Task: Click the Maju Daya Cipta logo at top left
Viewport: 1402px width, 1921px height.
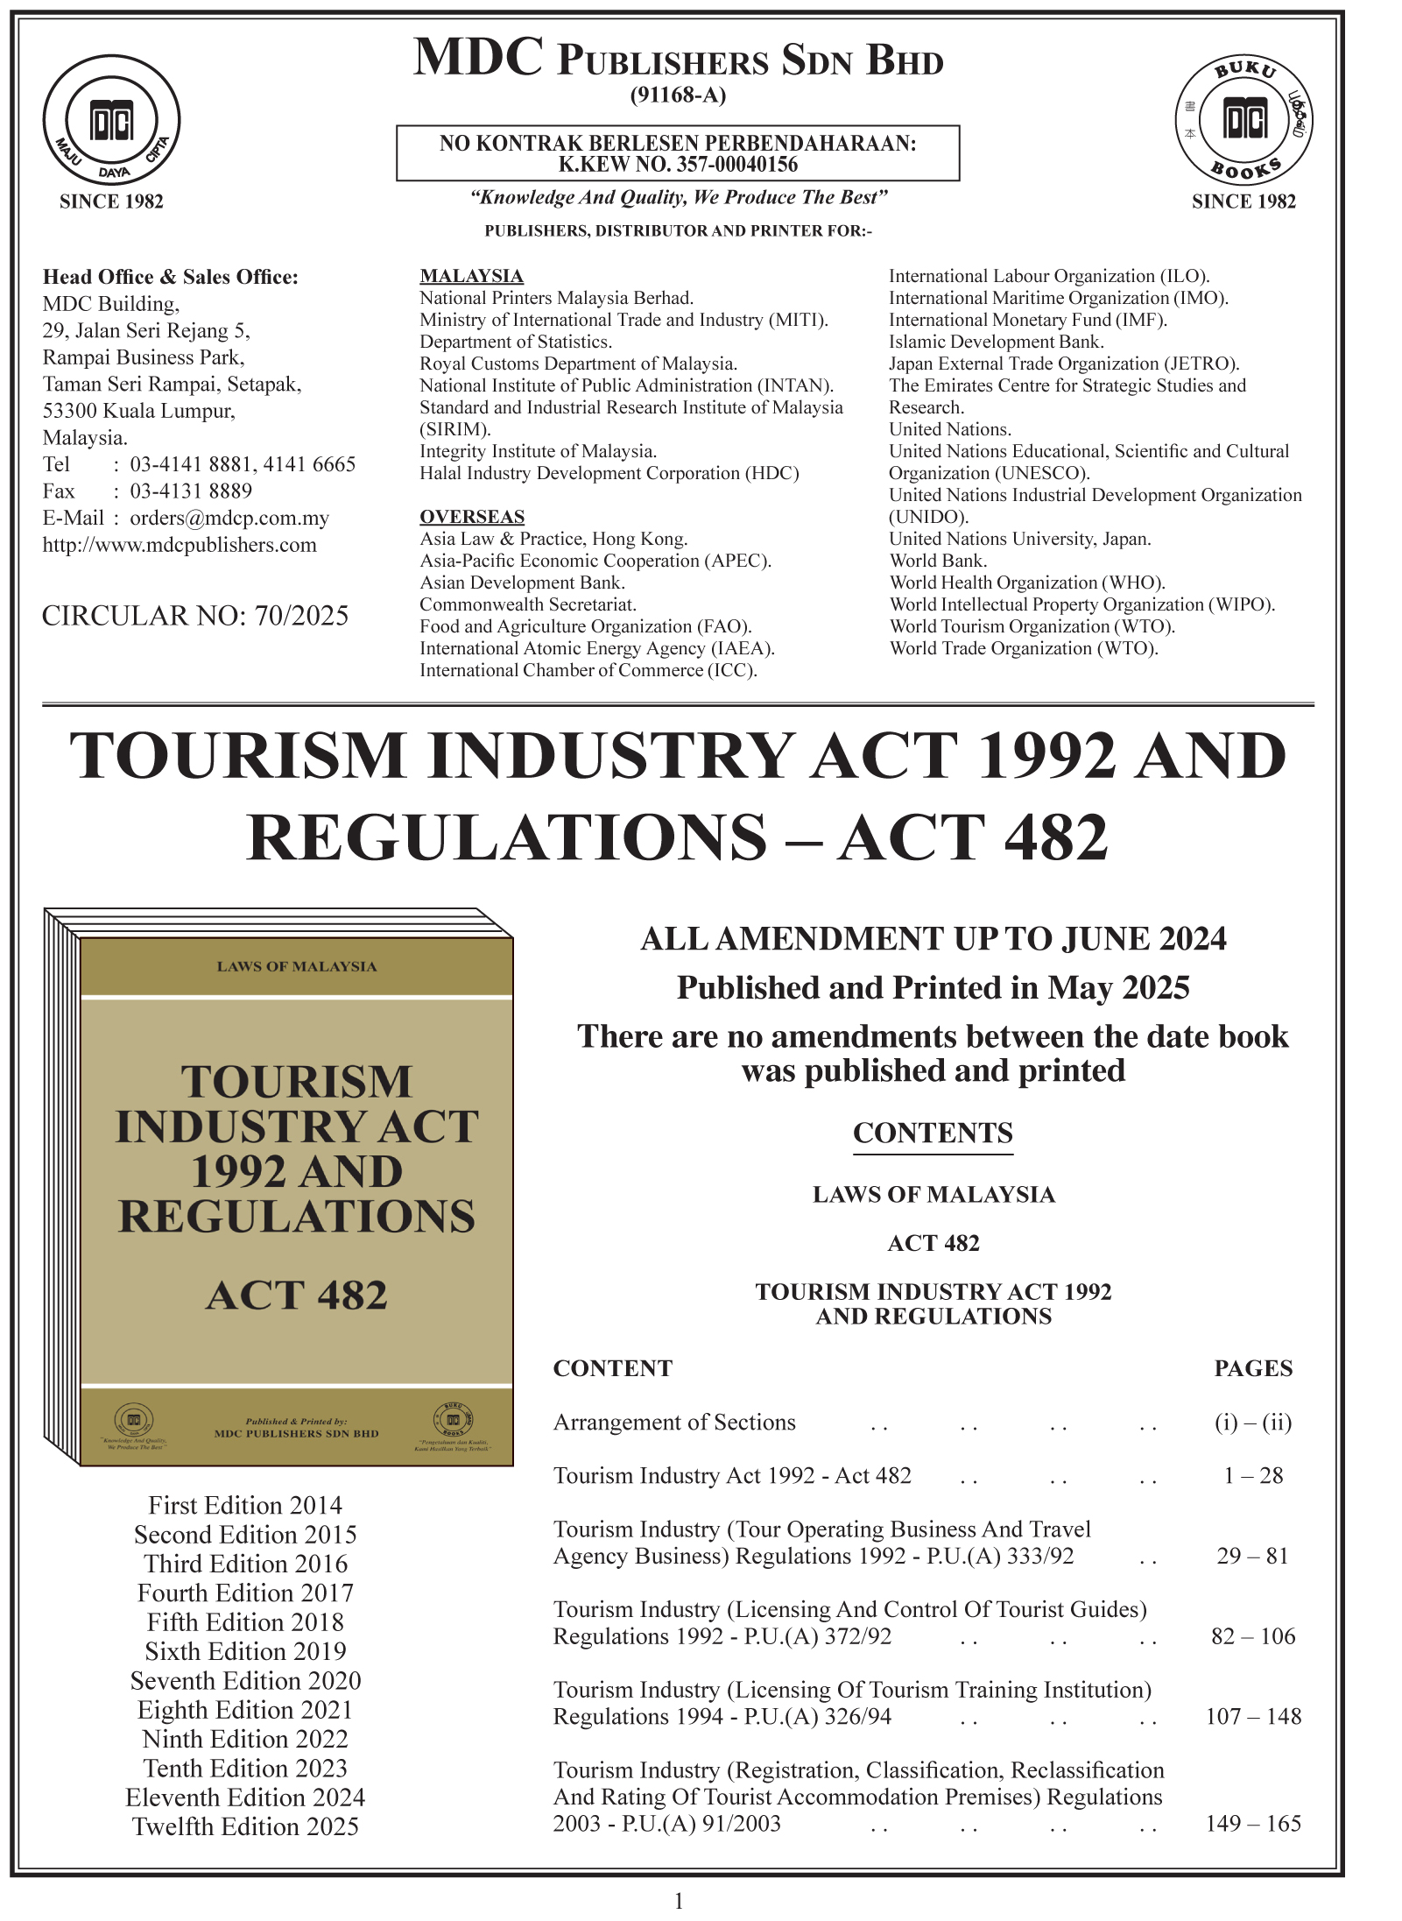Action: [111, 120]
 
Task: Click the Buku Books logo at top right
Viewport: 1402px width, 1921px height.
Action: [1243, 120]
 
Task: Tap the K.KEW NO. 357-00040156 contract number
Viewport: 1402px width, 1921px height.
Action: [678, 165]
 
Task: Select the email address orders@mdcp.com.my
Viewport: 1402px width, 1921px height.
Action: [229, 518]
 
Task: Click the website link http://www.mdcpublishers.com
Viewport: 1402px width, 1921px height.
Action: [180, 545]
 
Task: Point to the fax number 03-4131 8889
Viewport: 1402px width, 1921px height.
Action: [191, 491]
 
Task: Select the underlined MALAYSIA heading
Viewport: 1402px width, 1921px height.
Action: [471, 276]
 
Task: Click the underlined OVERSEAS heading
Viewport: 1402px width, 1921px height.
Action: [472, 517]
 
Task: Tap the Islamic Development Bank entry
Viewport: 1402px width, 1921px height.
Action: [996, 342]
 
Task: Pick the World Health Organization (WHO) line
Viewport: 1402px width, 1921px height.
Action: [1027, 583]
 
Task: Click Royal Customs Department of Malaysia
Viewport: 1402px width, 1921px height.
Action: [578, 364]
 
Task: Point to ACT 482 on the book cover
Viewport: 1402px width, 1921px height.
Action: [296, 1295]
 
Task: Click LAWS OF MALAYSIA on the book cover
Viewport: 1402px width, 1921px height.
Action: [297, 966]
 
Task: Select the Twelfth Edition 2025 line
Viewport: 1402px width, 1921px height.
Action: [245, 1826]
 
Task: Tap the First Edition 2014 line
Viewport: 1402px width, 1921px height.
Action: [245, 1505]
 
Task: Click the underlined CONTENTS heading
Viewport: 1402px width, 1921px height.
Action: [933, 1133]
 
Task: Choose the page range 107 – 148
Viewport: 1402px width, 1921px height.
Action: [1253, 1716]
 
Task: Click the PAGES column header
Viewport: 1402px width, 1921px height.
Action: [1253, 1368]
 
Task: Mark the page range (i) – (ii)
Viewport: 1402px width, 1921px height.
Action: [1253, 1422]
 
